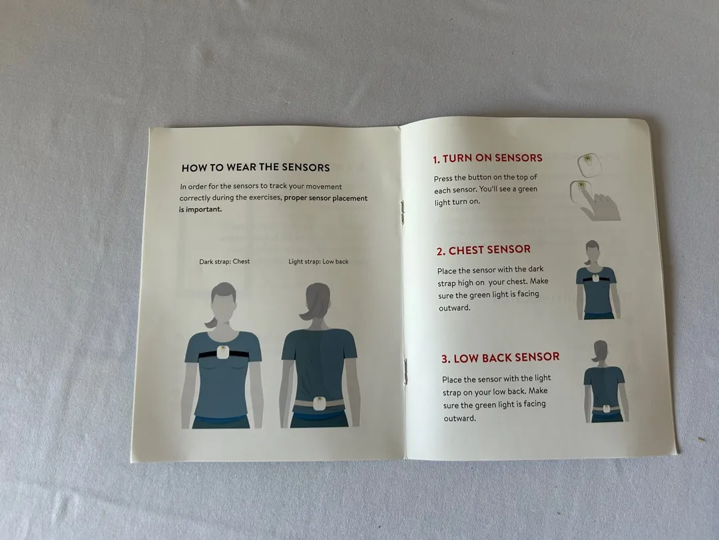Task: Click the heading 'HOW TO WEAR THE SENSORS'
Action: tap(256, 167)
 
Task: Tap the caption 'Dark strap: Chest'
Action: tap(224, 262)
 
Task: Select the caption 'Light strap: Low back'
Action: tap(318, 262)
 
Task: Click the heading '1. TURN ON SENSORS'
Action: tap(487, 159)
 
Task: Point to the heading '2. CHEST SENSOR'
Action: tap(483, 250)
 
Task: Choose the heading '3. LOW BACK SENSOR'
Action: tap(500, 358)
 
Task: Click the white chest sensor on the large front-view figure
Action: tap(223, 352)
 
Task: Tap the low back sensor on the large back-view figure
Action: tap(319, 403)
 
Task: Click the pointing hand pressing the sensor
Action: tap(600, 206)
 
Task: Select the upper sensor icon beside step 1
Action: tap(589, 165)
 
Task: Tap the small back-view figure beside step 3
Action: tap(605, 381)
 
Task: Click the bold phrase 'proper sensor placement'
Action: tap(326, 199)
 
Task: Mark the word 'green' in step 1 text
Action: tap(527, 189)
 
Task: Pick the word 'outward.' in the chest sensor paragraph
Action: tap(455, 308)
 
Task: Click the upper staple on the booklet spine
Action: tap(403, 212)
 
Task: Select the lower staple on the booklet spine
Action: tap(405, 371)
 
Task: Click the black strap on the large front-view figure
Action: tap(224, 354)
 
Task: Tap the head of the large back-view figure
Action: tap(318, 298)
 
